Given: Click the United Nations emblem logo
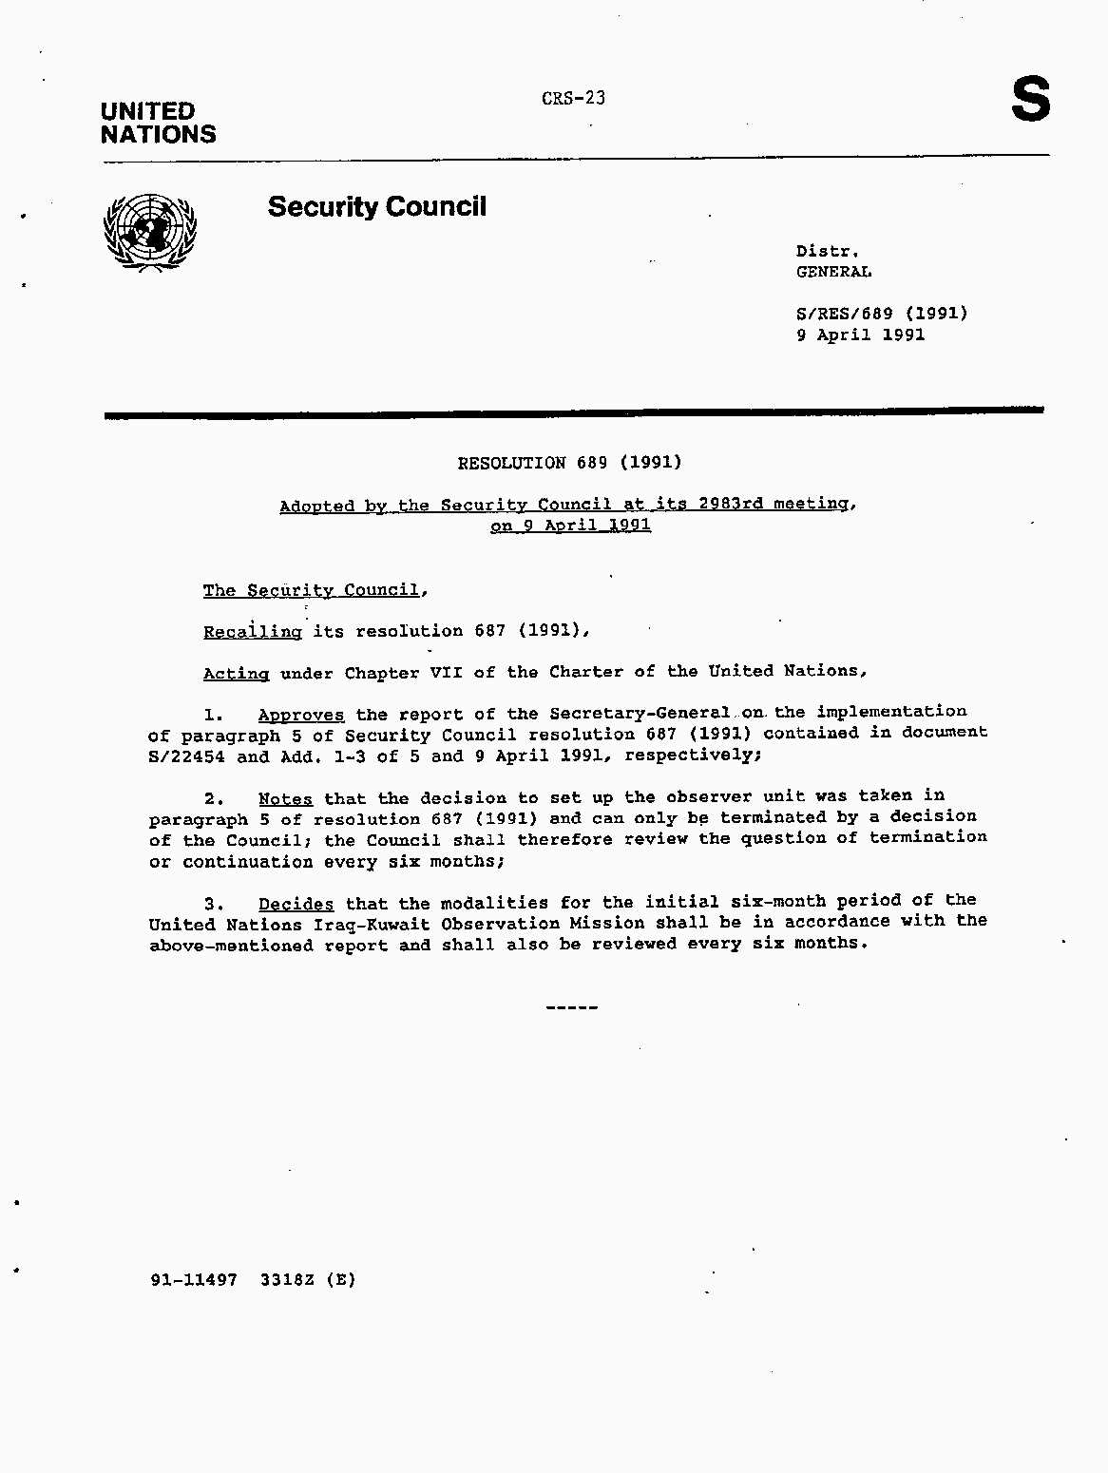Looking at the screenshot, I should click(149, 233).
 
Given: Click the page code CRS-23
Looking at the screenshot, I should click(573, 98).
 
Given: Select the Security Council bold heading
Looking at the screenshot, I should click(376, 206).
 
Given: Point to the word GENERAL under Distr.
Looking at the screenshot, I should click(833, 272).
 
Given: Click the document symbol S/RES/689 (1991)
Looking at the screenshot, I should click(881, 313).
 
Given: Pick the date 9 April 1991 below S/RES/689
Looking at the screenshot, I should click(860, 335).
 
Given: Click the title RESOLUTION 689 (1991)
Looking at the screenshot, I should click(569, 463).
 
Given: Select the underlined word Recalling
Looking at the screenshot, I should click(252, 631).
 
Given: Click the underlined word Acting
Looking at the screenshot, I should click(236, 673).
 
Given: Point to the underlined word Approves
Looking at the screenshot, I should click(300, 715).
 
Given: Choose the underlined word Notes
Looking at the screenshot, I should click(285, 799).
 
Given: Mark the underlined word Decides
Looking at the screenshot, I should click(296, 904).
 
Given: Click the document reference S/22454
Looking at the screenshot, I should click(186, 756).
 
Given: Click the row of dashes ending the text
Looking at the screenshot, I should click(572, 1006).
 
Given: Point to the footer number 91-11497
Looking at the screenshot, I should click(193, 1279).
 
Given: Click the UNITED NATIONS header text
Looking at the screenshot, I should click(158, 123).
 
